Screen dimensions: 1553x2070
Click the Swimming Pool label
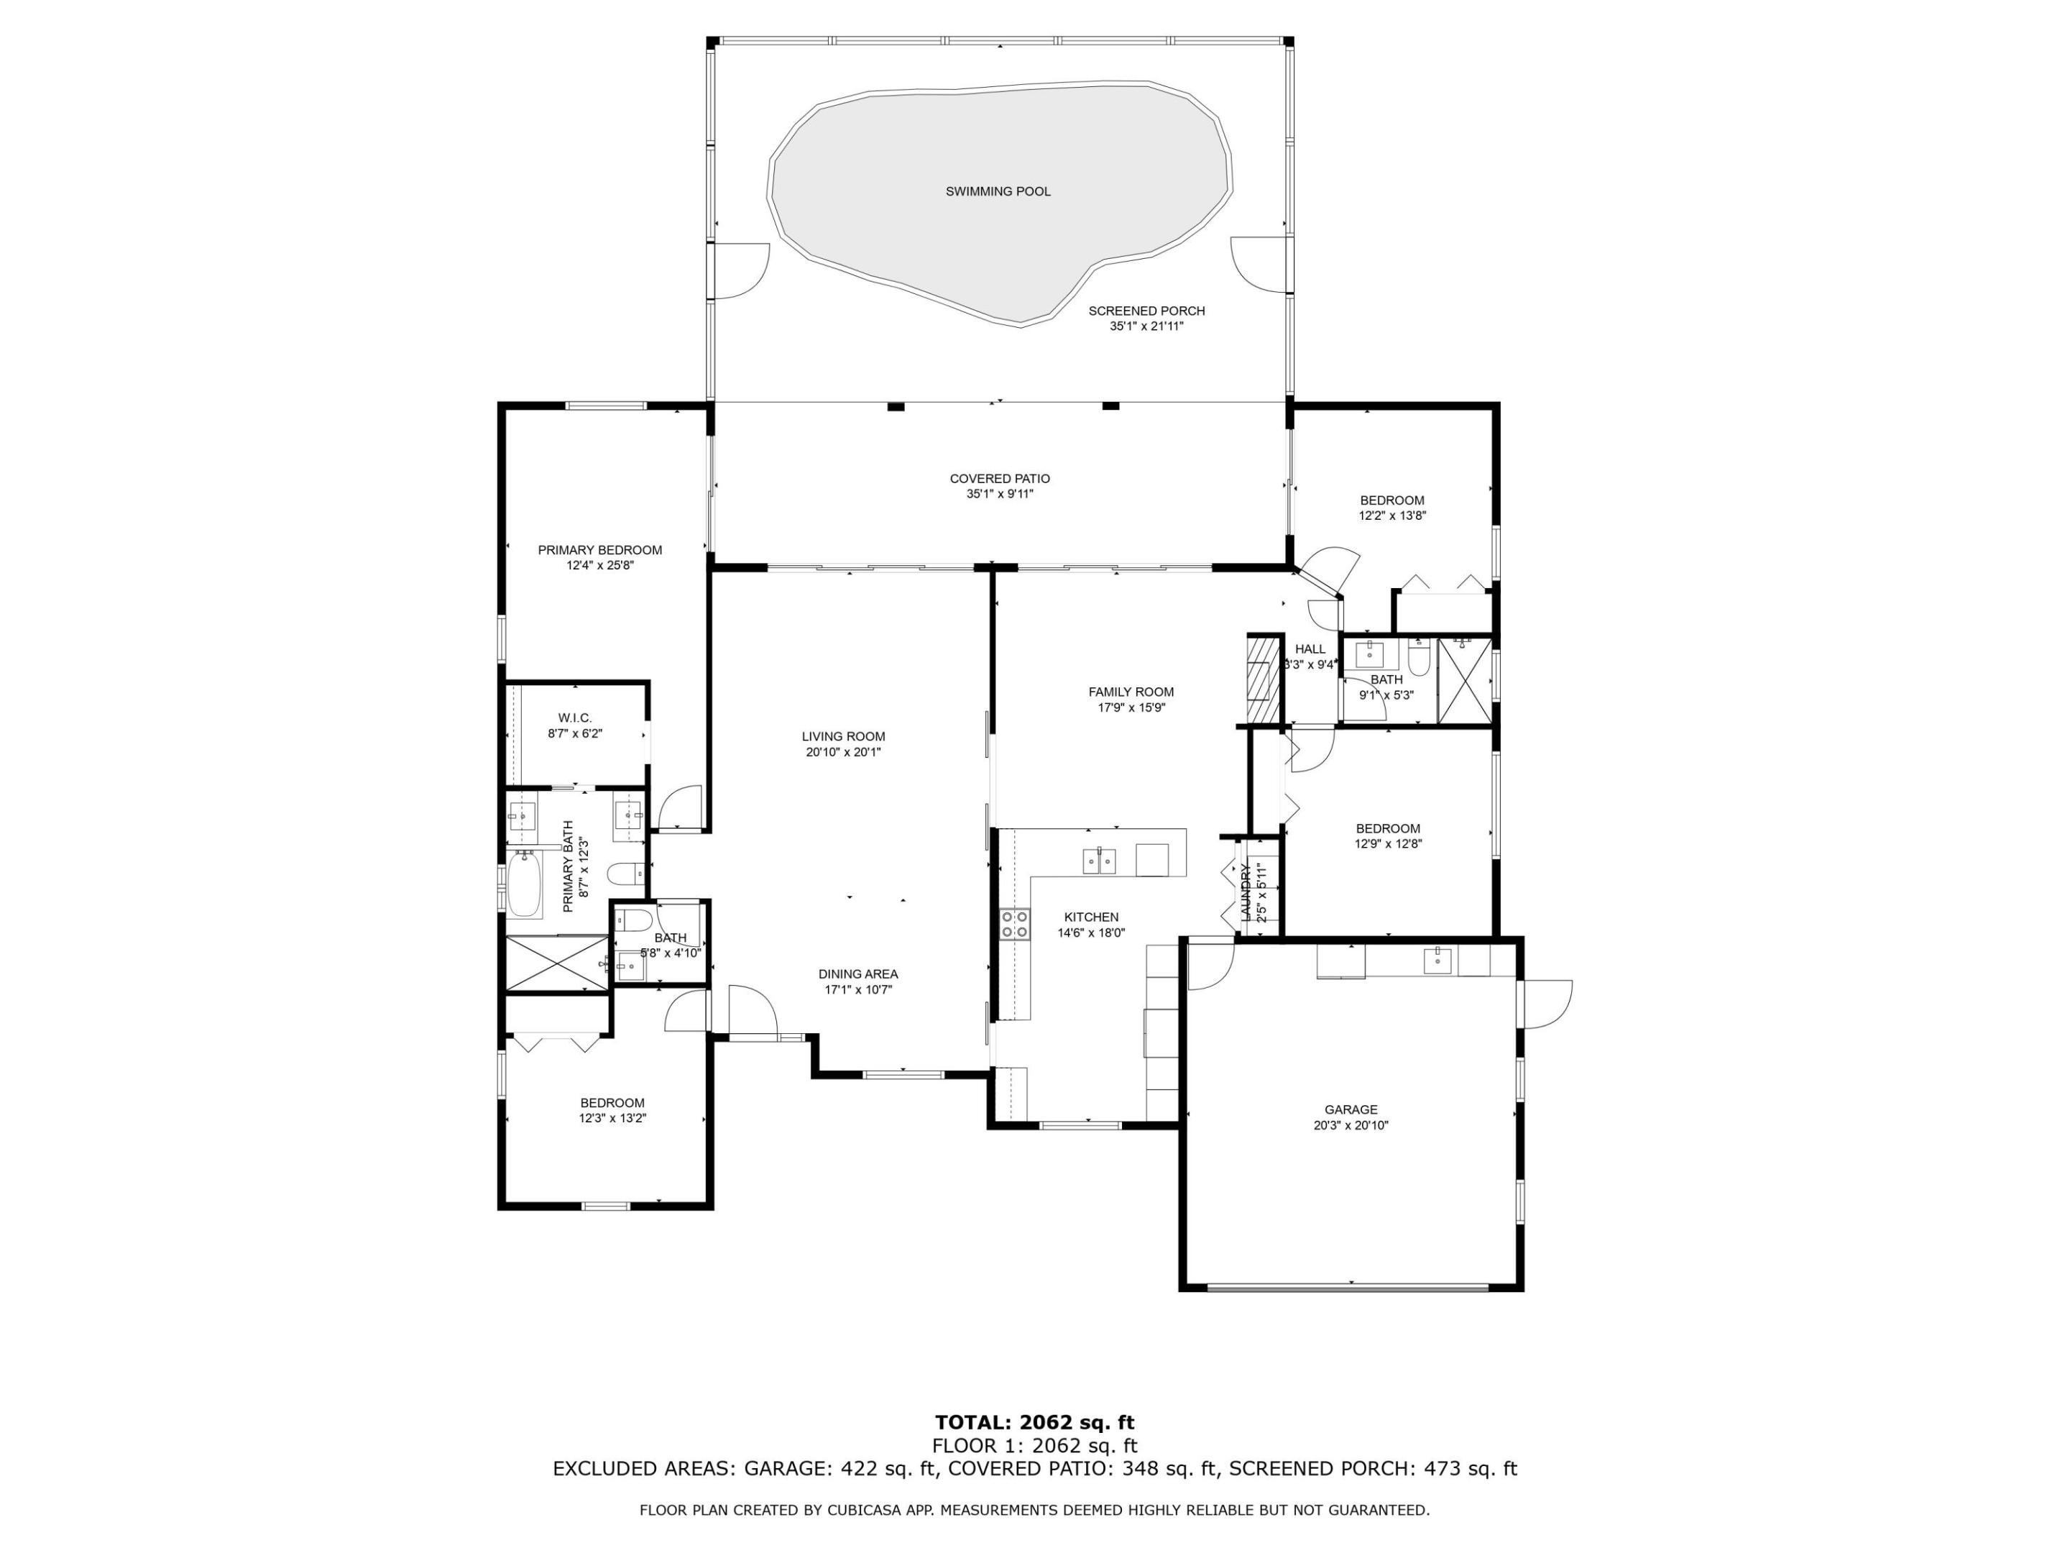[998, 192]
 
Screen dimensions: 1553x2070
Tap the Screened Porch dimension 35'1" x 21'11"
[1146, 326]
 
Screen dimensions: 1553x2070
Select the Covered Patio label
[1000, 478]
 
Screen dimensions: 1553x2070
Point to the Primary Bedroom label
[600, 549]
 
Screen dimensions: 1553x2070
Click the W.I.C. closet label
[574, 718]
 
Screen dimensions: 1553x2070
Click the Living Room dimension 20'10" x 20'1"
[843, 751]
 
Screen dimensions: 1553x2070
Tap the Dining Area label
[857, 974]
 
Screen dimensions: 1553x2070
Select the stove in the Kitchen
[1014, 924]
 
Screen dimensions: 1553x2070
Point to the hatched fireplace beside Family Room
[1262, 679]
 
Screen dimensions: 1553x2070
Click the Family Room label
[1131, 692]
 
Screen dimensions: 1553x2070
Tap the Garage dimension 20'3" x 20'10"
[1351, 1125]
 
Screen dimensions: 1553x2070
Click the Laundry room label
[1246, 892]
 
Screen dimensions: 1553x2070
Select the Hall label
[1310, 649]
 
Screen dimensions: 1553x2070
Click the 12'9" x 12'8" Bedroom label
[1387, 828]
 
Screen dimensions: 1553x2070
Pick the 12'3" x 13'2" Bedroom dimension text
[612, 1118]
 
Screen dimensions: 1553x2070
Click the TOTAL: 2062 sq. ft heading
[1034, 1423]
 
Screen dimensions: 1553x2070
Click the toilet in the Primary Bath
[624, 874]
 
